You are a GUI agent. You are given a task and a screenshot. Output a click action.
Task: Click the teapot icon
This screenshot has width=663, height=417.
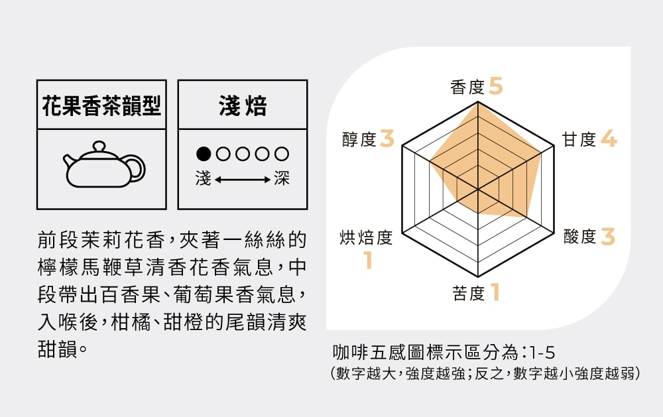point(103,165)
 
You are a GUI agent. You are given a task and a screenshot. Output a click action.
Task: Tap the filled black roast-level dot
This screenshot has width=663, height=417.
point(204,154)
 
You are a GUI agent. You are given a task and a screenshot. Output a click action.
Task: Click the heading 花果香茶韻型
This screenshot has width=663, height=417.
point(101,105)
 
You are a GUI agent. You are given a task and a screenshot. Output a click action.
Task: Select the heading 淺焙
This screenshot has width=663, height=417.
point(243,105)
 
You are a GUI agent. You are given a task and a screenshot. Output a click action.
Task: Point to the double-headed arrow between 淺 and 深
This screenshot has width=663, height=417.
point(243,180)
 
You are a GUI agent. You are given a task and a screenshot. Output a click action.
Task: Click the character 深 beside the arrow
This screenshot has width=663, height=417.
point(282,178)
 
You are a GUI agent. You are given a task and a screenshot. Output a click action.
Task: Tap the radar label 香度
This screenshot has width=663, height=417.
point(467,87)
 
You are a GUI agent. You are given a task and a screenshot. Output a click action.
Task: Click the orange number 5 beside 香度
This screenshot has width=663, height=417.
point(496,86)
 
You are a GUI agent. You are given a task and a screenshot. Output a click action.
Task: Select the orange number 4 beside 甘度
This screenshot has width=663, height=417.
point(609,139)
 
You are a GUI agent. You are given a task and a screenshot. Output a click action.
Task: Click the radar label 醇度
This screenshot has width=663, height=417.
point(359,139)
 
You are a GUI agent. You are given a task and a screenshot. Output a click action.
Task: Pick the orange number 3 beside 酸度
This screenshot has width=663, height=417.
point(607,237)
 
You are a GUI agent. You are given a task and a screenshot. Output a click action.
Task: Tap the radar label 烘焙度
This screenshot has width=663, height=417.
point(366,238)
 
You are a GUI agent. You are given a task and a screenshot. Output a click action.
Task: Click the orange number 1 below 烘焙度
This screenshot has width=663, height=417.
point(369,260)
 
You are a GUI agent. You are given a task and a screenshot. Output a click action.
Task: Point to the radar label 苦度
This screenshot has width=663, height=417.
point(469,293)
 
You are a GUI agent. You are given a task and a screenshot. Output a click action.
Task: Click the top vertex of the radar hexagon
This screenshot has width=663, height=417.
point(478,102)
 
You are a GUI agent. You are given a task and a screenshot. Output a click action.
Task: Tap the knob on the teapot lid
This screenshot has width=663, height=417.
point(99,147)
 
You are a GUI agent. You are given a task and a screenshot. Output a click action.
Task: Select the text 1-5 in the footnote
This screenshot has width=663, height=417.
point(541,352)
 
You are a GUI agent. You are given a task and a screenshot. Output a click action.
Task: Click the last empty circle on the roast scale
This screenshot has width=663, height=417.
point(282,154)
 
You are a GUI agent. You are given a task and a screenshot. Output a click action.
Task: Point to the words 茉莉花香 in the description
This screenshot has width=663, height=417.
point(122,240)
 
